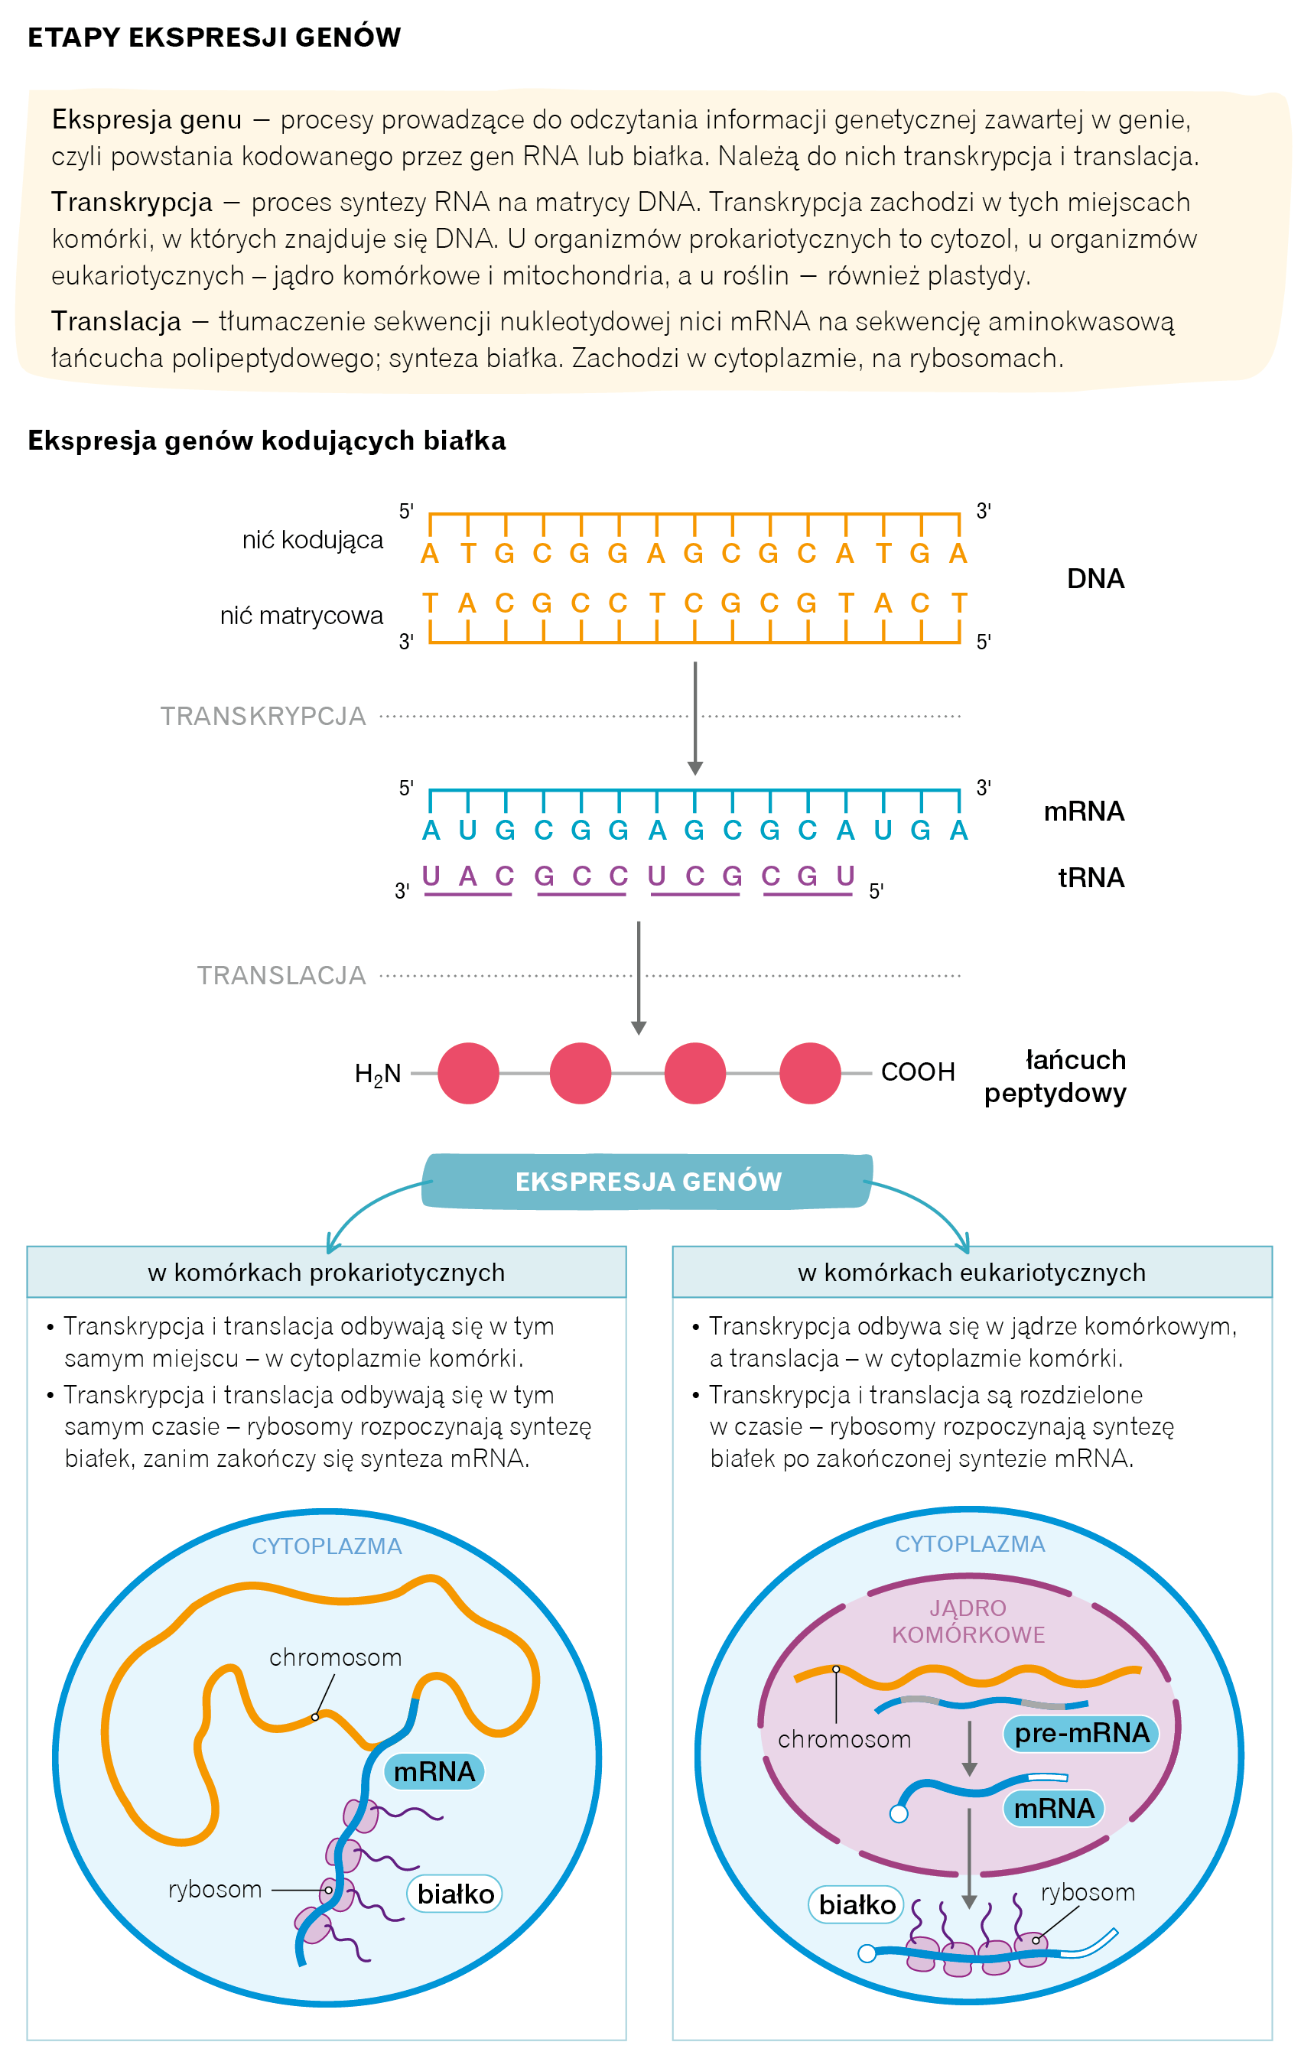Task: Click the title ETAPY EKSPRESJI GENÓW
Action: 214,37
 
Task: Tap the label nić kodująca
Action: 312,539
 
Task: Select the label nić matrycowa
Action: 301,615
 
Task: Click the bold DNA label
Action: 1095,579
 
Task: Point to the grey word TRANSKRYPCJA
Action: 263,717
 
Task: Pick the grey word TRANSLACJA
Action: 281,976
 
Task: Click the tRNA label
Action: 1091,878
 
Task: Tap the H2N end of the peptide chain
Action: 378,1074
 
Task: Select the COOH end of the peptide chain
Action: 917,1071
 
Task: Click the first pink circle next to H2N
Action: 468,1074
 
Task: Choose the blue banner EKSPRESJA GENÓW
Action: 648,1182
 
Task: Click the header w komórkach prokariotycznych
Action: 327,1272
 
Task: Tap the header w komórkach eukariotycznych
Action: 971,1272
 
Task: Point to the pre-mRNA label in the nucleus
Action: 1081,1733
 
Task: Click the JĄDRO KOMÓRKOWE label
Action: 968,1621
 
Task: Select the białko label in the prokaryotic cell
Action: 455,1894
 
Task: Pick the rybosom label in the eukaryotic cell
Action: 1087,1892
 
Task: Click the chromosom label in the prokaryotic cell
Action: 335,1657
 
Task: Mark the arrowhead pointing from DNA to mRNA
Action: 694,768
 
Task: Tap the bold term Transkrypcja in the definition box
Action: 132,202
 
